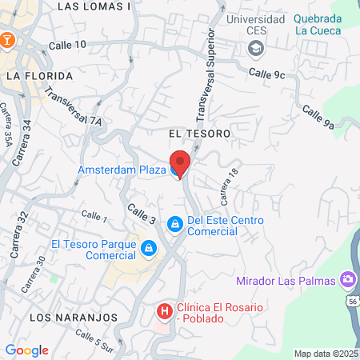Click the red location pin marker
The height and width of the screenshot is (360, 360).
[180, 162]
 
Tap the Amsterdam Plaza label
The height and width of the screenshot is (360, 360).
[121, 170]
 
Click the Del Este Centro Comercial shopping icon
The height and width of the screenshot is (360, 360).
[174, 224]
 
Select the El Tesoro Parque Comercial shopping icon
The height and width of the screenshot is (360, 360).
[147, 250]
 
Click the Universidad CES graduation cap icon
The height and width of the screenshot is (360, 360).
[255, 49]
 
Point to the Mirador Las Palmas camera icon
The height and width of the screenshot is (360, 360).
[348, 280]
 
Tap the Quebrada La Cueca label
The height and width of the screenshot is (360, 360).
[318, 25]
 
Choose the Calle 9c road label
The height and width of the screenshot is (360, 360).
[266, 74]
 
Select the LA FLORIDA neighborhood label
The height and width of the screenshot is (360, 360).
[39, 76]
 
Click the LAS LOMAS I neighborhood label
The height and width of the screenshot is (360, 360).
[95, 6]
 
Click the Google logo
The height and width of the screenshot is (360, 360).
[26, 350]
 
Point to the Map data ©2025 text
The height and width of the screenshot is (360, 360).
[326, 354]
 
